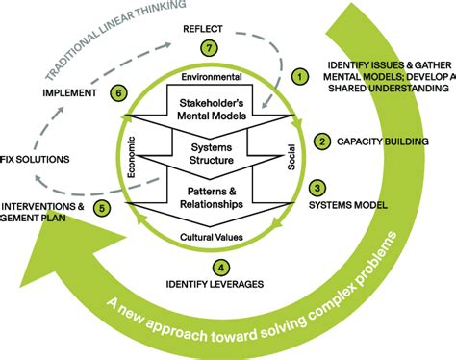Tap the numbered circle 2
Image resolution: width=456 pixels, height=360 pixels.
pyautogui.click(x=321, y=141)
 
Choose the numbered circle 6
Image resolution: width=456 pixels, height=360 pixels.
pyautogui.click(x=118, y=93)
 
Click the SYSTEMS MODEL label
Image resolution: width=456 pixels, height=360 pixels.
pyautogui.click(x=347, y=205)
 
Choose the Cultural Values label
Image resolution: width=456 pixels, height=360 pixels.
pyautogui.click(x=222, y=235)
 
